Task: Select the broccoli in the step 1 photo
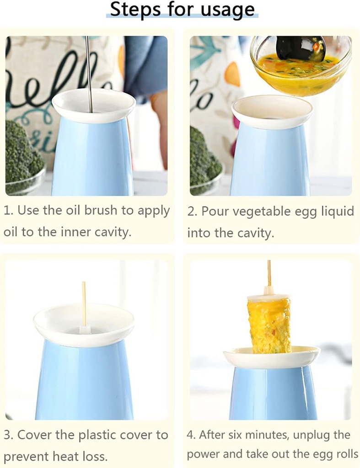tap(23, 153)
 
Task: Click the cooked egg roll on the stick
tap(269, 324)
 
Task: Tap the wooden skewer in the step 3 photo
tap(84, 304)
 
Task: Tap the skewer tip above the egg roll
tap(269, 272)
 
